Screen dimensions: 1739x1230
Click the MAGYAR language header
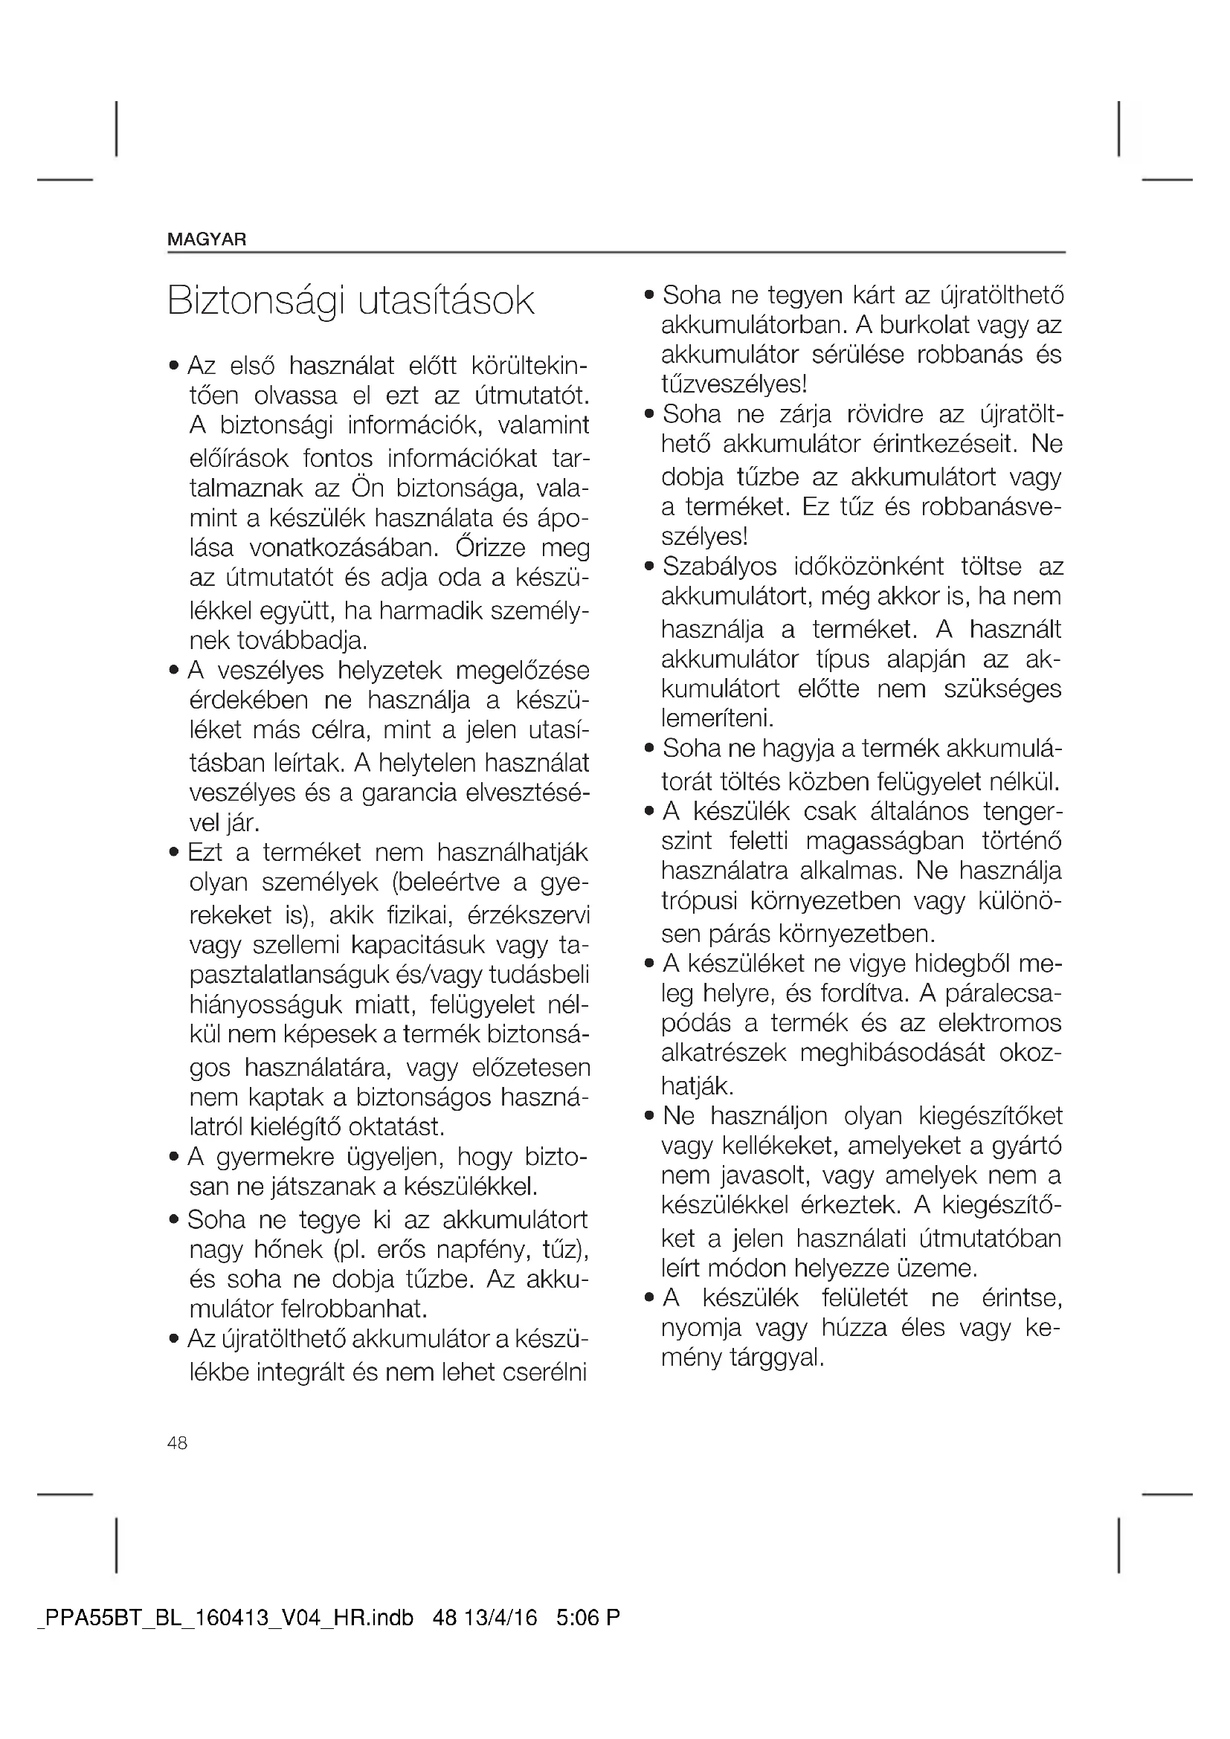tap(207, 240)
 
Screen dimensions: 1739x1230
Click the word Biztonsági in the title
tap(254, 301)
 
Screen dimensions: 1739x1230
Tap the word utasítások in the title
tap(446, 301)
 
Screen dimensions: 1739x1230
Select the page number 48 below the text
tap(177, 1443)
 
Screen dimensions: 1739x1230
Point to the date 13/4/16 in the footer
tap(500, 1619)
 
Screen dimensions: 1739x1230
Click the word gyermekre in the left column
tap(276, 1158)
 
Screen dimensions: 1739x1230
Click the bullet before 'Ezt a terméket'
tap(174, 854)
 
